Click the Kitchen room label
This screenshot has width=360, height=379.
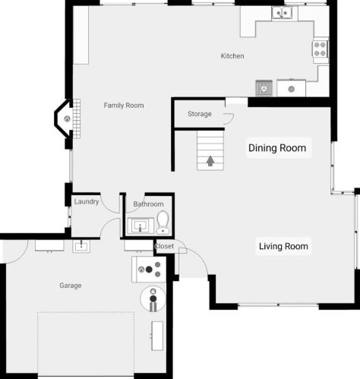click(x=232, y=56)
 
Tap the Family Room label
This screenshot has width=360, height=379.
click(x=124, y=106)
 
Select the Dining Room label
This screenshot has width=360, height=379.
click(x=277, y=148)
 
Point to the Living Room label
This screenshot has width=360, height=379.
click(x=283, y=246)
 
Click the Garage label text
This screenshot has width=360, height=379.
click(x=71, y=286)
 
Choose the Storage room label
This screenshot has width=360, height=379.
click(x=200, y=114)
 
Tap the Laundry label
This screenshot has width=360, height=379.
click(x=87, y=201)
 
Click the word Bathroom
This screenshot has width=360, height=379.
click(x=148, y=204)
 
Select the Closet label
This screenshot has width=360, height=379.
click(x=164, y=246)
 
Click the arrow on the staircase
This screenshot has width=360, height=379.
click(x=210, y=161)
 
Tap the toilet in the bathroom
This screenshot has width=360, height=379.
click(x=163, y=222)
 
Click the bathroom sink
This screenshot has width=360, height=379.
click(x=141, y=226)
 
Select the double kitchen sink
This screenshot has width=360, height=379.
click(x=282, y=13)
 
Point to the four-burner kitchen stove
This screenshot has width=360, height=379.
click(x=320, y=49)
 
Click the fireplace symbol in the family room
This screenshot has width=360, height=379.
click(x=67, y=118)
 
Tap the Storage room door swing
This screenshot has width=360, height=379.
click(x=229, y=119)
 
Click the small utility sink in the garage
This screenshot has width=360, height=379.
click(x=81, y=246)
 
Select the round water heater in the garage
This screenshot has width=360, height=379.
click(x=153, y=298)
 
